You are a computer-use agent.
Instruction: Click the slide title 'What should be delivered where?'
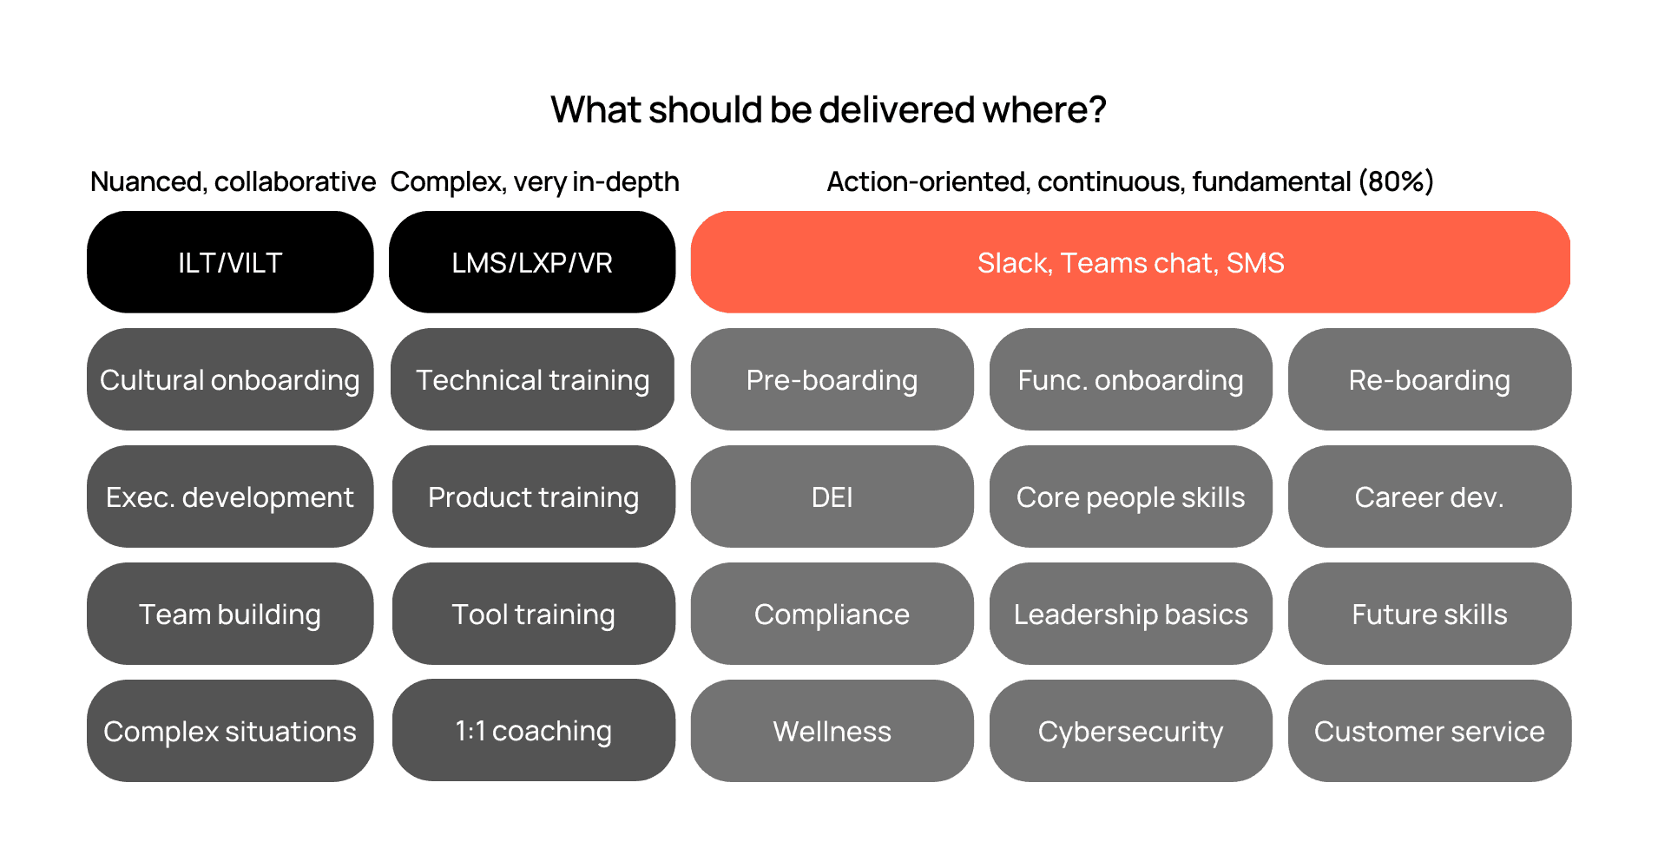click(x=828, y=110)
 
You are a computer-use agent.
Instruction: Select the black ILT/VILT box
click(x=230, y=262)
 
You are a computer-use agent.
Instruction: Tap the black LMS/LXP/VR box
click(x=532, y=262)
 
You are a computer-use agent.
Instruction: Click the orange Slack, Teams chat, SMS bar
click(x=1130, y=262)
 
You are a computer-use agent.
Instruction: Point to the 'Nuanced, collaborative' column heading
click(x=233, y=181)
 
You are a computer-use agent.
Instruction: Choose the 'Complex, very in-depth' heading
click(x=535, y=181)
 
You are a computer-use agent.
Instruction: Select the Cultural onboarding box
click(x=230, y=379)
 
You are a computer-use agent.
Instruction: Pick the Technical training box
click(x=532, y=379)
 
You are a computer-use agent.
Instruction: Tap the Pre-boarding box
click(x=832, y=379)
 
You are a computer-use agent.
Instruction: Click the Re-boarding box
click(x=1429, y=379)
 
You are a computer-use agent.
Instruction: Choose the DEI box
click(x=832, y=496)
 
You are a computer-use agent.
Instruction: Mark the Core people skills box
click(x=1130, y=496)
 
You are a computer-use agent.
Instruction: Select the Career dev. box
click(x=1429, y=496)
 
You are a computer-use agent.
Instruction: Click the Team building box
click(x=230, y=614)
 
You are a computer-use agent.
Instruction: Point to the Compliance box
click(x=832, y=614)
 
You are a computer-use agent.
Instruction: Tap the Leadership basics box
click(x=1130, y=614)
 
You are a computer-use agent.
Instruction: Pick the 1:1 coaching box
click(x=533, y=730)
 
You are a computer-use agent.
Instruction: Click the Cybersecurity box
click(x=1130, y=731)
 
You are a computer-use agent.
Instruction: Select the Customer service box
click(x=1429, y=731)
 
